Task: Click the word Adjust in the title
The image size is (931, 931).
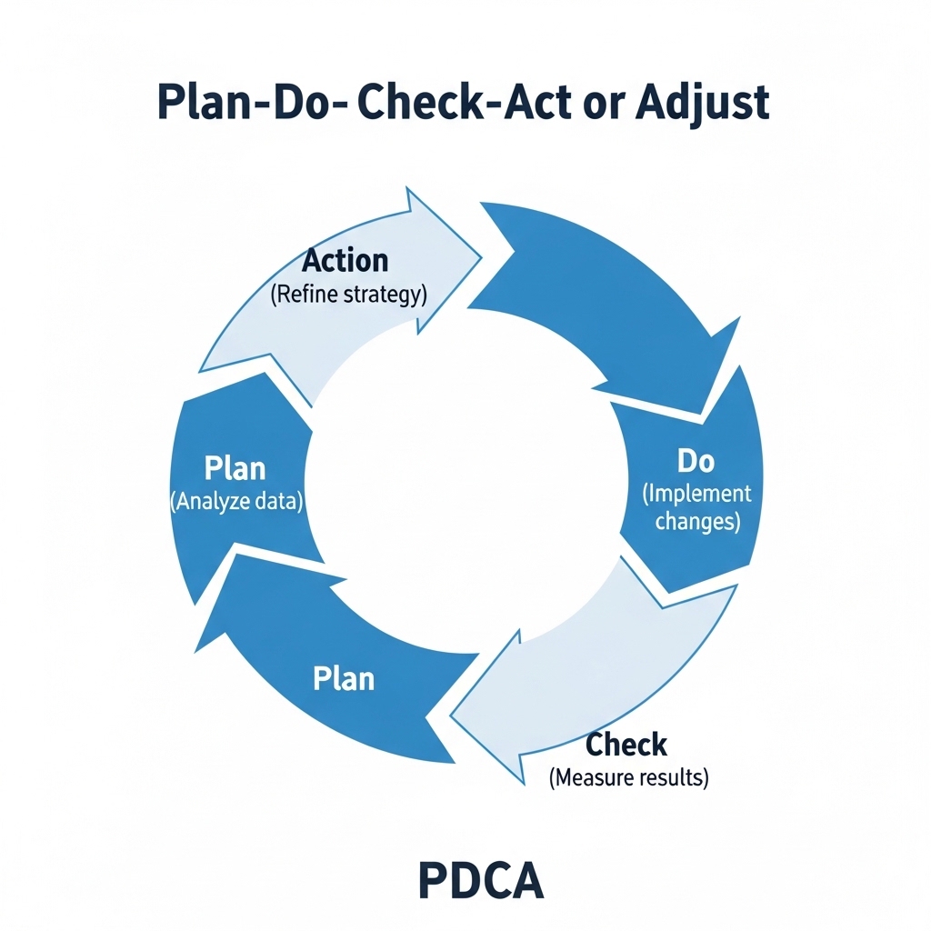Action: coord(703,102)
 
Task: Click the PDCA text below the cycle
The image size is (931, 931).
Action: coord(481,881)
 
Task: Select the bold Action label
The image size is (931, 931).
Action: coord(345,260)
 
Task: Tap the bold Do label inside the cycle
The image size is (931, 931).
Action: coord(696,461)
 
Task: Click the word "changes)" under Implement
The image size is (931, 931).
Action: coord(697,521)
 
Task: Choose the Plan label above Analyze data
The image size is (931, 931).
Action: coord(235,468)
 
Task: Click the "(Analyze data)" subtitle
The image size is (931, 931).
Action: coord(236,502)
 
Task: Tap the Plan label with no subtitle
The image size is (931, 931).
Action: coord(344,678)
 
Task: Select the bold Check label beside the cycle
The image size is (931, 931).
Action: coord(626,745)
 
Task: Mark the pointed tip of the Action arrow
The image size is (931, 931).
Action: coord(480,258)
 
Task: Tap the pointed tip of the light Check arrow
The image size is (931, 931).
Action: coord(451,716)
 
